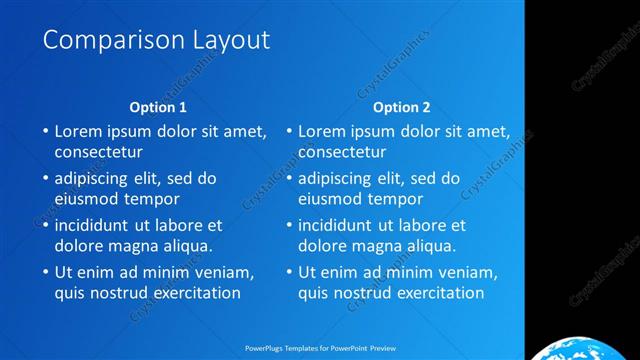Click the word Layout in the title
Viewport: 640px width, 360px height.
[229, 41]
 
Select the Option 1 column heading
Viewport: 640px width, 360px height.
[158, 107]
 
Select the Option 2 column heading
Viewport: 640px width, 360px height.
[402, 107]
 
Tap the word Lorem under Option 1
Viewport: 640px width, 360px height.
[78, 131]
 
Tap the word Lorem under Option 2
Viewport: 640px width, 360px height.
[322, 131]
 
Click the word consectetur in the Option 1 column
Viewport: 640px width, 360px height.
[98, 153]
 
